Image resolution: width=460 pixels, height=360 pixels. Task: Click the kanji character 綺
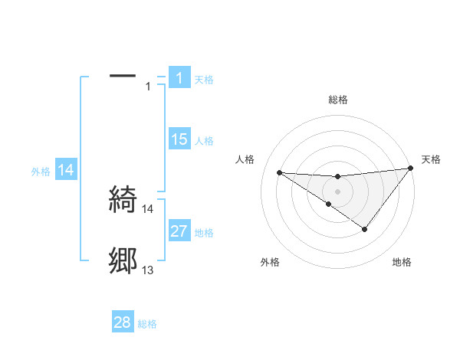(123, 199)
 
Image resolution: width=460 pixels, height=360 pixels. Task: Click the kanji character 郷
(123, 261)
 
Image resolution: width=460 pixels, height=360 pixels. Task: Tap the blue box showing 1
(179, 77)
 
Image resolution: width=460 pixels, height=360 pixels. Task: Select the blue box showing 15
(179, 139)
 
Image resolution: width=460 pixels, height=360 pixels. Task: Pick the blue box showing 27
(179, 231)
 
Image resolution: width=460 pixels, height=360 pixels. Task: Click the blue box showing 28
(123, 322)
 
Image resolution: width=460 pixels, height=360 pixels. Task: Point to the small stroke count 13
(148, 270)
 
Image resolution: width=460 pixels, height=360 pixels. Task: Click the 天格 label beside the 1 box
(204, 80)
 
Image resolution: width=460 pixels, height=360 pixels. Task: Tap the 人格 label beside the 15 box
(204, 141)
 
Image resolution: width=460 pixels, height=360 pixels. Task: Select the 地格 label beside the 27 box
(204, 233)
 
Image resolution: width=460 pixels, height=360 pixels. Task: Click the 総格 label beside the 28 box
(147, 324)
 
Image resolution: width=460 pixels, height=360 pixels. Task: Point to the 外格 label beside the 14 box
(41, 172)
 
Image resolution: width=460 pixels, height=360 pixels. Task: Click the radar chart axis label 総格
(338, 100)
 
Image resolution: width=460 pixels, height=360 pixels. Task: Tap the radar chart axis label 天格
(431, 159)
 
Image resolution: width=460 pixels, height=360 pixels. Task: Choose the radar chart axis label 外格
(270, 262)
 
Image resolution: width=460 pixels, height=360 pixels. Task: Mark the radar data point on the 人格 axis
(279, 172)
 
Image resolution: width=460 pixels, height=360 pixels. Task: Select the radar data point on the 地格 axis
(365, 229)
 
